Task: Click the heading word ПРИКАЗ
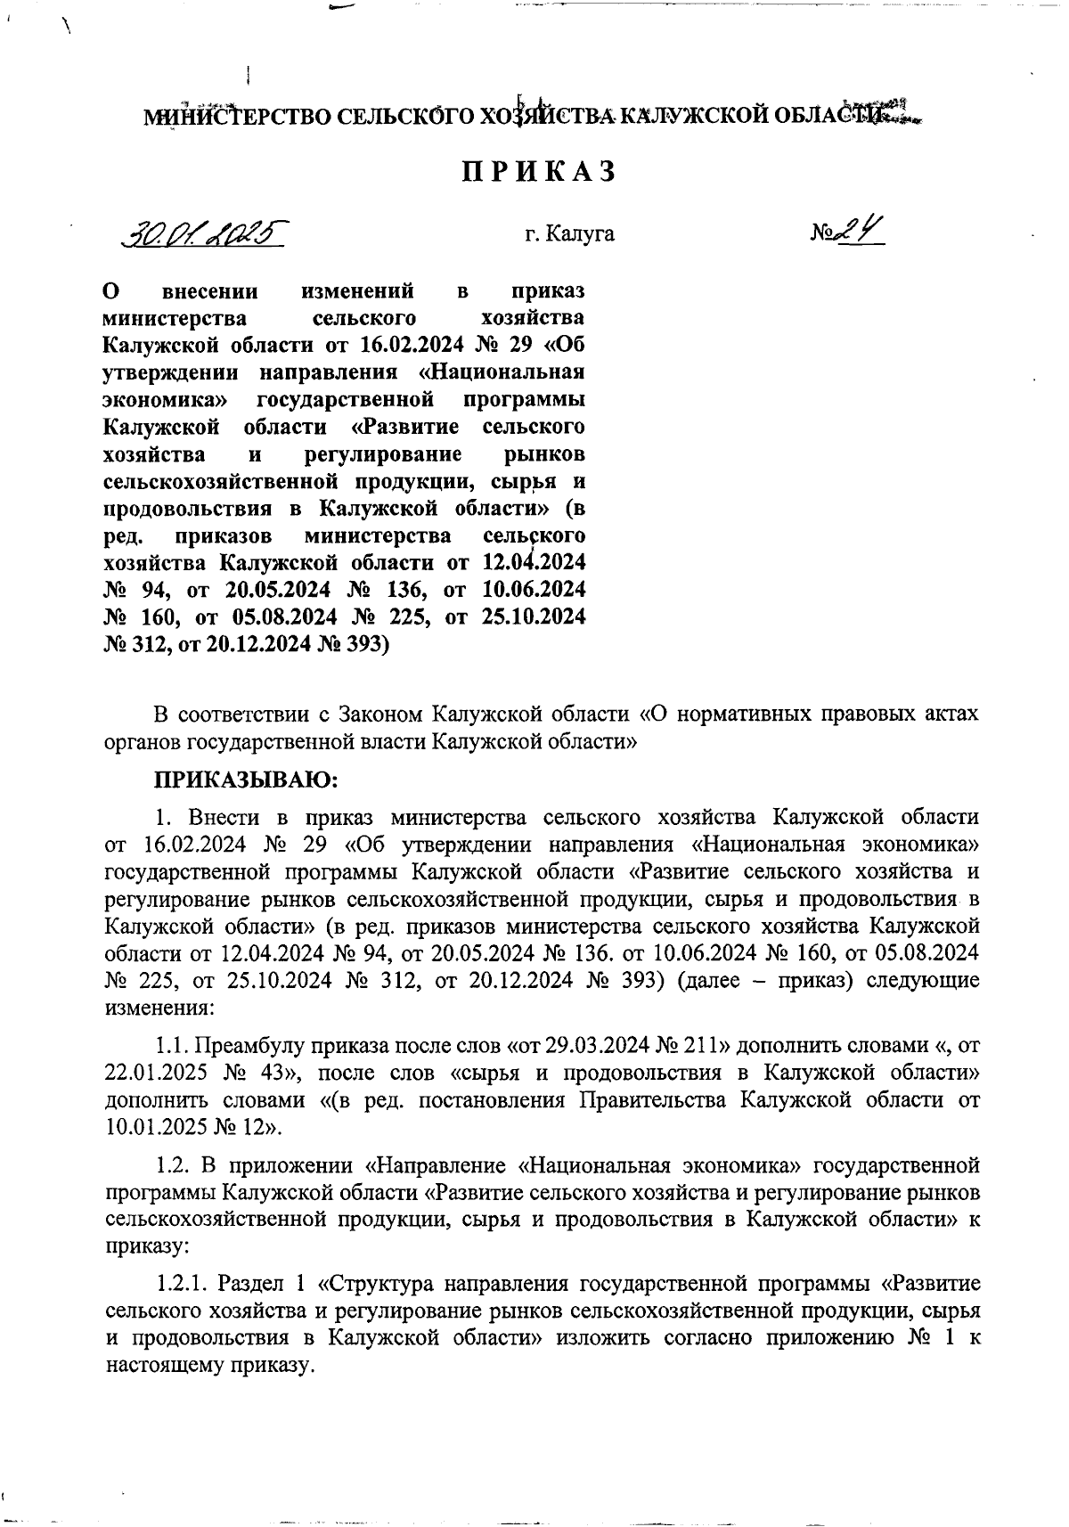pos(538,172)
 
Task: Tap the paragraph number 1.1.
pos(172,1044)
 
